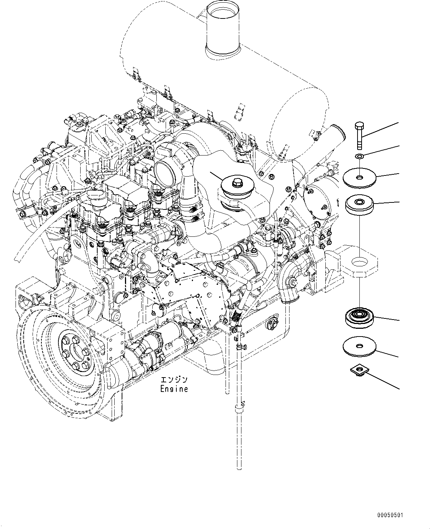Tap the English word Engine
(x=174, y=389)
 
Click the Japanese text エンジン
(x=174, y=380)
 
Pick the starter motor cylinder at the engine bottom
(x=148, y=351)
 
